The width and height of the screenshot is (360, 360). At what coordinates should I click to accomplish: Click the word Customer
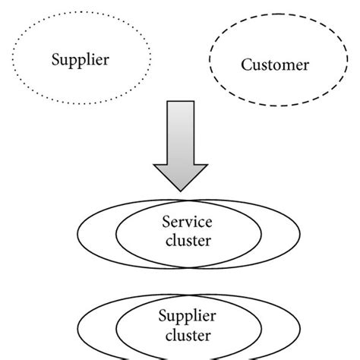[x=275, y=65]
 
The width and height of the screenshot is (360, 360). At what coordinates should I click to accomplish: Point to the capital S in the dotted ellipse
[x=55, y=58]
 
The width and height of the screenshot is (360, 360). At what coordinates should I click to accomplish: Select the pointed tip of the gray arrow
[x=180, y=190]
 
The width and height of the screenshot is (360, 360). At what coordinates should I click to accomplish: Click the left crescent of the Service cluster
[x=97, y=234]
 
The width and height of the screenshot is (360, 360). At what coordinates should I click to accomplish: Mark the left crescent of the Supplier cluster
[x=97, y=325]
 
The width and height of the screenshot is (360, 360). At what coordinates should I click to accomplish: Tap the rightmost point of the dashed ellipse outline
[x=342, y=65]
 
